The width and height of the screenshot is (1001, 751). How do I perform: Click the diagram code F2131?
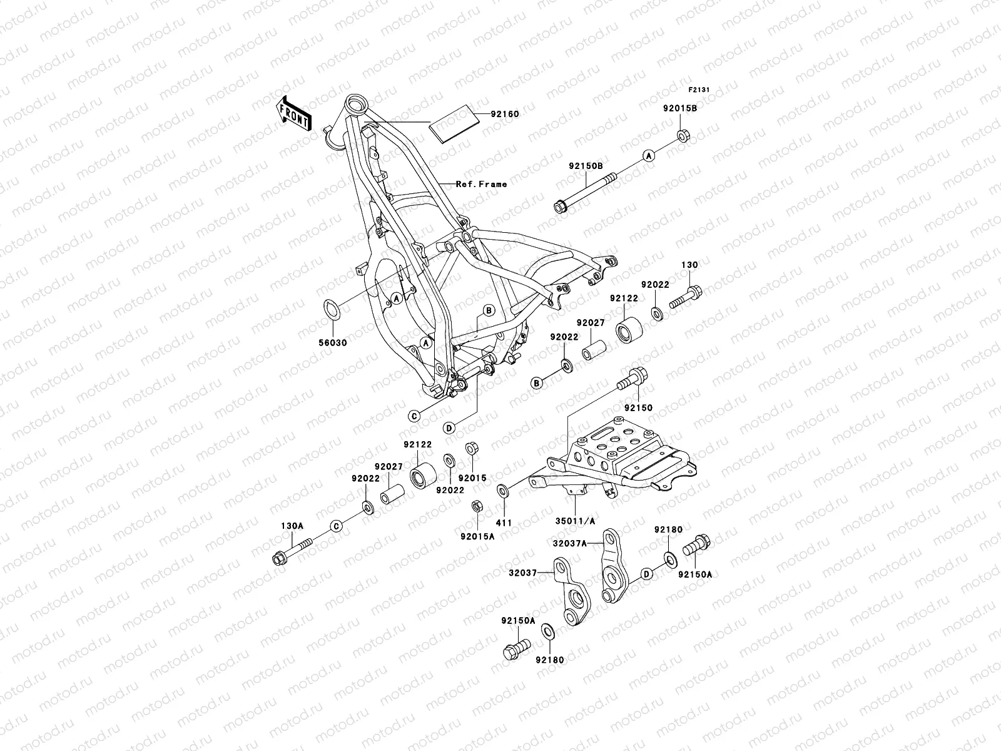[x=699, y=89]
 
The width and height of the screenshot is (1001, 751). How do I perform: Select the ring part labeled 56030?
[x=332, y=309]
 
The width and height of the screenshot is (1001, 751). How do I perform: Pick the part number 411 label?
[x=504, y=523]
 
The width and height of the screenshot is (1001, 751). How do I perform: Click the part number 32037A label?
[x=569, y=543]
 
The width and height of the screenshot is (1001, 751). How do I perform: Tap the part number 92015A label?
[x=477, y=536]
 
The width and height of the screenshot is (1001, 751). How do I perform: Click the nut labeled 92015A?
[x=475, y=505]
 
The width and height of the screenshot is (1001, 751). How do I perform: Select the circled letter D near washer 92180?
[x=648, y=573]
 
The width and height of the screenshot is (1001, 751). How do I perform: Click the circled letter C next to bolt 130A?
[x=336, y=526]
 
